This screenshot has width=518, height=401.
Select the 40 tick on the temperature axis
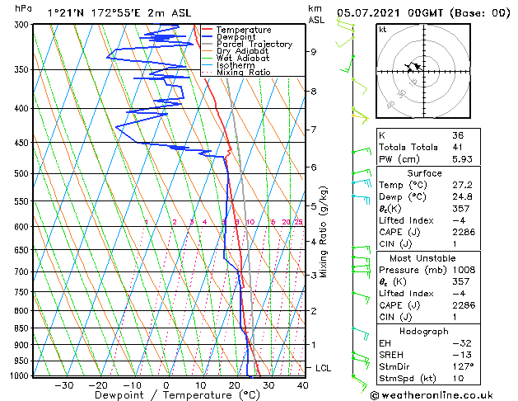[303, 385]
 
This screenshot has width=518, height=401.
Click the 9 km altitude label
[314, 52]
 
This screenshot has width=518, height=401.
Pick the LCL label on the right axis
[324, 368]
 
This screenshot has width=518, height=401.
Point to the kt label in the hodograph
[383, 29]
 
